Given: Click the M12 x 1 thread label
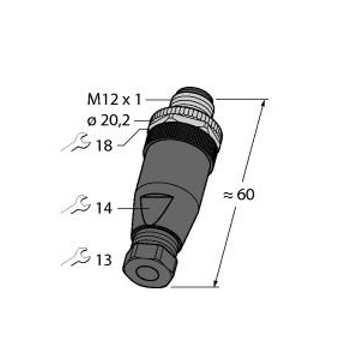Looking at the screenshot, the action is [114, 100].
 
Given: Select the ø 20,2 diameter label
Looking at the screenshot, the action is [109, 121].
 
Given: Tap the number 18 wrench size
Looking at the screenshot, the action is [104, 146].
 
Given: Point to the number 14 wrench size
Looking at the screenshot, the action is [104, 208].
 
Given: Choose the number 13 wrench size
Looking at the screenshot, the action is [104, 260].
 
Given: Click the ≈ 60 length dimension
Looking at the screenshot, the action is [239, 194].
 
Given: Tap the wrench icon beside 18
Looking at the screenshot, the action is [76, 143].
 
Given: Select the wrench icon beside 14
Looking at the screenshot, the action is [76, 205].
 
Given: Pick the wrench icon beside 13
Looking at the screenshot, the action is [76, 257].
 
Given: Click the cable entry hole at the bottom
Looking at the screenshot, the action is [146, 273].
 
